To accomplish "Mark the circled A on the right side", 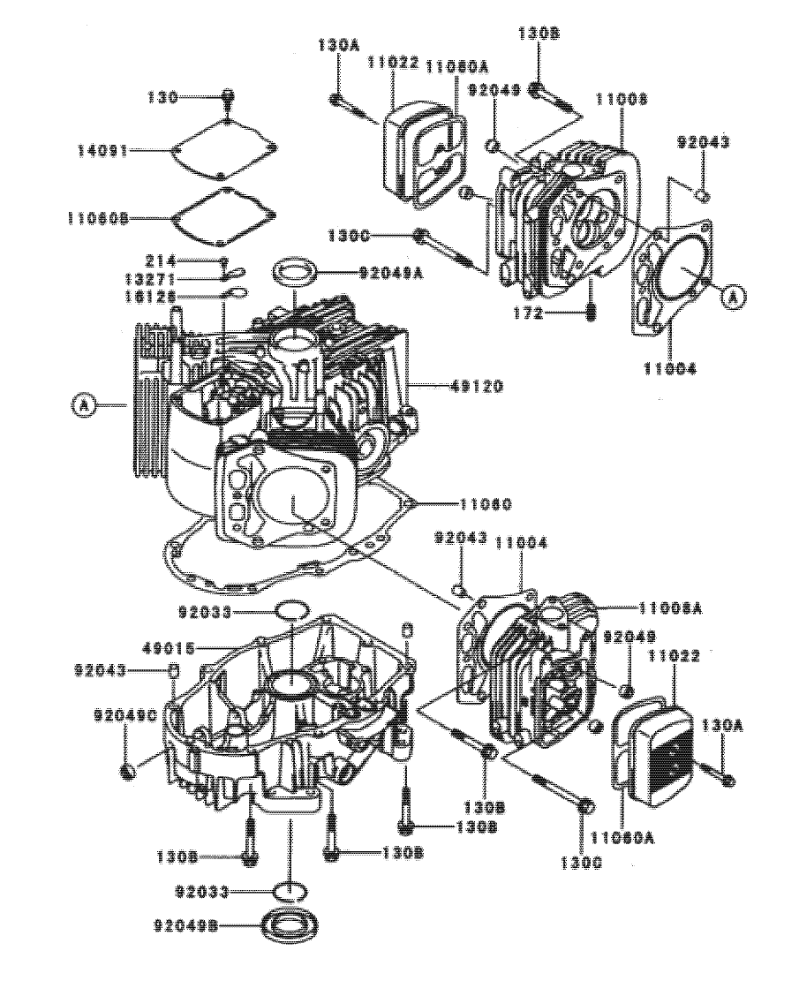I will (731, 298).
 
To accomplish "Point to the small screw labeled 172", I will (592, 312).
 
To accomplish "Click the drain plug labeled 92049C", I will (128, 771).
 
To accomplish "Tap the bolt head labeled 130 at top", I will (228, 96).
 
